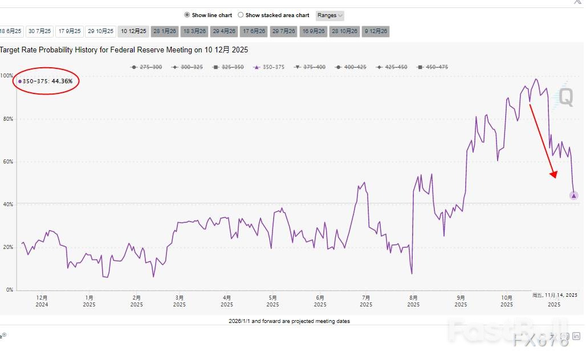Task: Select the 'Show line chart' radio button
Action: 187,15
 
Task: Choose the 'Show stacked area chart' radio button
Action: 241,15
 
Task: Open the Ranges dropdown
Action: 330,15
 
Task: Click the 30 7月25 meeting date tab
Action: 40,31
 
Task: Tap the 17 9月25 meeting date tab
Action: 70,31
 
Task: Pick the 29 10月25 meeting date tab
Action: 101,31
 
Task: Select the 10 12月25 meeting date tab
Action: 133,31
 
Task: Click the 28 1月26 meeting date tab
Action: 165,31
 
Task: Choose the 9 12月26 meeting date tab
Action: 376,31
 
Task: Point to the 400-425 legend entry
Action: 352,67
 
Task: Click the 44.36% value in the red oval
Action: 62,81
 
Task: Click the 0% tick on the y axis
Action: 9,290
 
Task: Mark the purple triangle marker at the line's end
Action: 573,196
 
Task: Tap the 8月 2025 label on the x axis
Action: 414,301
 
